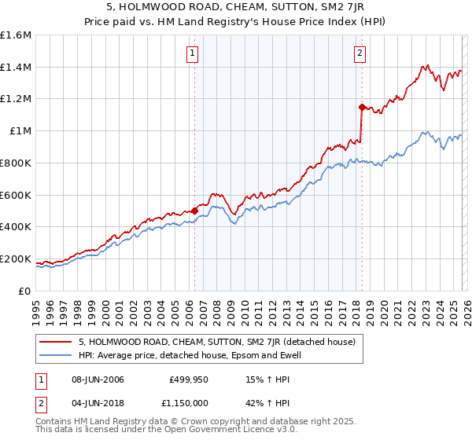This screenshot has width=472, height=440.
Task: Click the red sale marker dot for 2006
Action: pos(194,211)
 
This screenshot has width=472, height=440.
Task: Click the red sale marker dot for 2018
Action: pos(361,107)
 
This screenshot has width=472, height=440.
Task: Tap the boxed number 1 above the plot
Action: pos(192,53)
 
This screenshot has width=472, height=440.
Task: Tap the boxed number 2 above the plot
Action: pos(360,53)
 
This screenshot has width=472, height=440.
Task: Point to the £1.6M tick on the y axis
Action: pos(16,35)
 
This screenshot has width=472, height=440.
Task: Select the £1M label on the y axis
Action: pos(20,131)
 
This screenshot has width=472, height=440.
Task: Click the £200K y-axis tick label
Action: pos(16,258)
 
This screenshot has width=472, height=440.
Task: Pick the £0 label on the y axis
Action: pos(25,291)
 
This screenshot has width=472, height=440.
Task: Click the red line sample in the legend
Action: pos(57,342)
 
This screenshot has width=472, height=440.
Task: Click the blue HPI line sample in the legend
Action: pos(57,355)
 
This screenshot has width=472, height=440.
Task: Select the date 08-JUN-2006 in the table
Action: pos(97,379)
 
